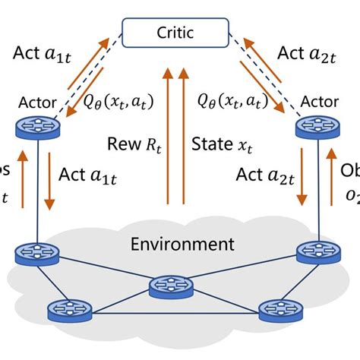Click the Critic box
[x=179, y=33]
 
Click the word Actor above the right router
[x=320, y=102]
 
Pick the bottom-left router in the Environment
[x=64, y=310]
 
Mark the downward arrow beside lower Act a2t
[x=305, y=181]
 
